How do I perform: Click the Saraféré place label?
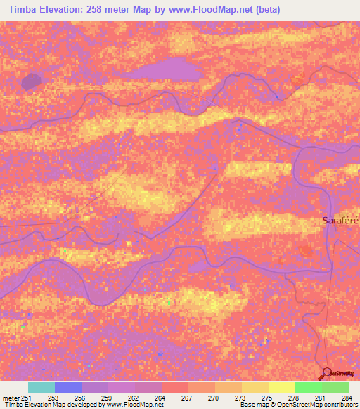340,220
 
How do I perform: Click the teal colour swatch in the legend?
41,387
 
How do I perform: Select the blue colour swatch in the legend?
68,387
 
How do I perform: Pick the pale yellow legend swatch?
282,387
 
